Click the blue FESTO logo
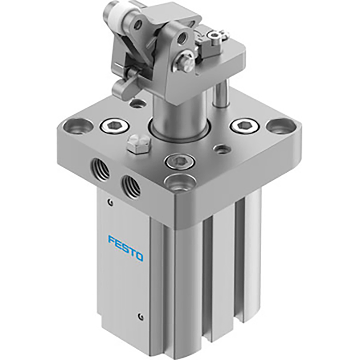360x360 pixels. coord(125,247)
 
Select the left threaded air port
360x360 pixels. coord(98,168)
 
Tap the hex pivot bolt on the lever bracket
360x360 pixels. coord(186,63)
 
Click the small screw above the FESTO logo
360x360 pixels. coord(109,202)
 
